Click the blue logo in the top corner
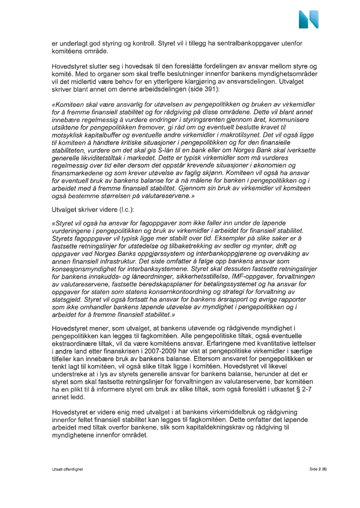tap(308, 20)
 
